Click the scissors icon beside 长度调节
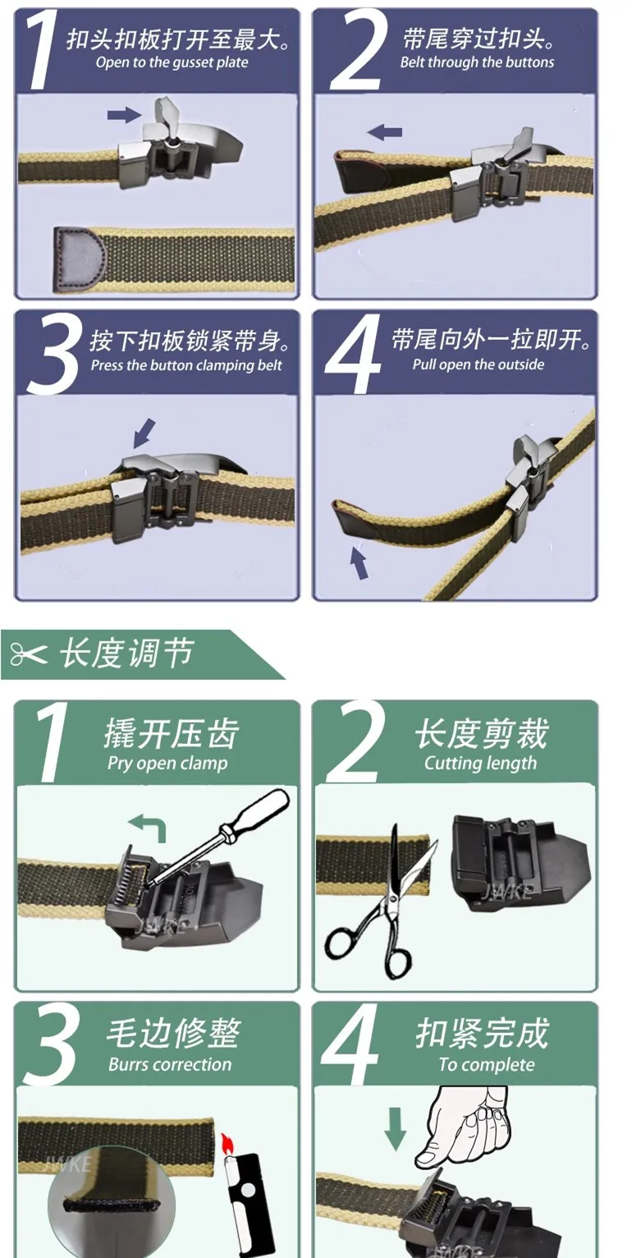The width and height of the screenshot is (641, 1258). pyautogui.click(x=29, y=654)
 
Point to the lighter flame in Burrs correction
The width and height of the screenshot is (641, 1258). pyautogui.click(x=227, y=1141)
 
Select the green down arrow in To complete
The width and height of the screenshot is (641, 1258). pyautogui.click(x=396, y=1129)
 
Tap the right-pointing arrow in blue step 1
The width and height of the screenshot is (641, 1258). pyautogui.click(x=124, y=115)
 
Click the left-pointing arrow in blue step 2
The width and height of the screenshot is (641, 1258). pyautogui.click(x=384, y=132)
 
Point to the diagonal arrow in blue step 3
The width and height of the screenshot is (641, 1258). pyautogui.click(x=144, y=433)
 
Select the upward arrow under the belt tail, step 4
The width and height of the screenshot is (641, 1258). pyautogui.click(x=359, y=562)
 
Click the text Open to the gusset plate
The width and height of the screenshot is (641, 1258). pyautogui.click(x=172, y=62)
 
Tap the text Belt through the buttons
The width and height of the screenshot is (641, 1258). pyautogui.click(x=477, y=62)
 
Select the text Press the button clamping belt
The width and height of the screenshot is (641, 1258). pyautogui.click(x=186, y=365)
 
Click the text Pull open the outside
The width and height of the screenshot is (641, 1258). pyautogui.click(x=478, y=365)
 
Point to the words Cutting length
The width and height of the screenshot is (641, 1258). pyautogui.click(x=480, y=763)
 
